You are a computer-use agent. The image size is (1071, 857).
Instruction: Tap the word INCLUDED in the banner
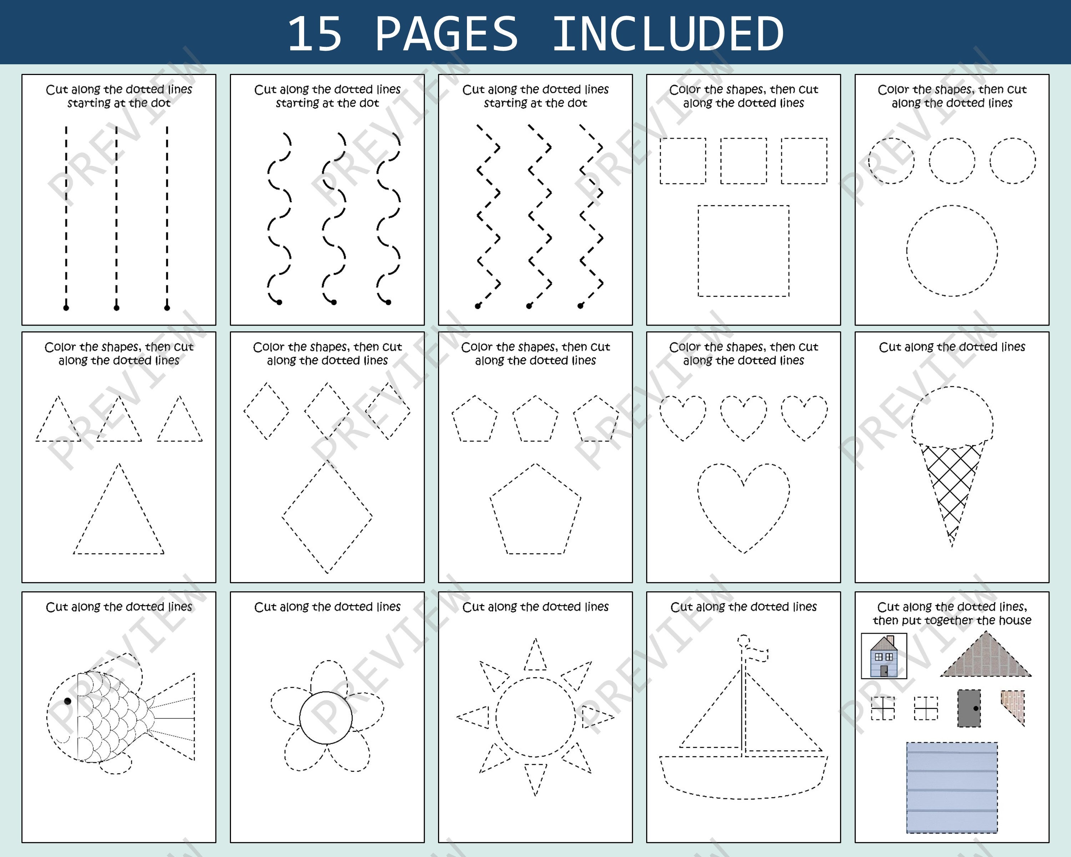[x=668, y=34]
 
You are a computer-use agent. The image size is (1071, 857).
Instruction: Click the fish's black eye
[x=67, y=701]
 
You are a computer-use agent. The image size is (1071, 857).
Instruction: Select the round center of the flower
[x=326, y=717]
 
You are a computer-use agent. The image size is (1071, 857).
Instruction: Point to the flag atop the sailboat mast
[x=759, y=654]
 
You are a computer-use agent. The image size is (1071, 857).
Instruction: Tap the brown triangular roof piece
[x=986, y=658]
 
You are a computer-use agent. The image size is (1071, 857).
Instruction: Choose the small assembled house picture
[x=884, y=656]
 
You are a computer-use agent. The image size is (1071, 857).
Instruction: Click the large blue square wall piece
[x=952, y=787]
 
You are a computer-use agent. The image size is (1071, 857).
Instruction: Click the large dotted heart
[x=744, y=507]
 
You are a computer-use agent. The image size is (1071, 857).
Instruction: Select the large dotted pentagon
[x=535, y=512]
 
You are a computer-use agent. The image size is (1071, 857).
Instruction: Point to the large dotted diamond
[x=327, y=517]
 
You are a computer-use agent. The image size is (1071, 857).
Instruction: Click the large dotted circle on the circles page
[x=952, y=251]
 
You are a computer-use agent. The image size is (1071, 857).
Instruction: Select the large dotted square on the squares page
[x=744, y=251]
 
